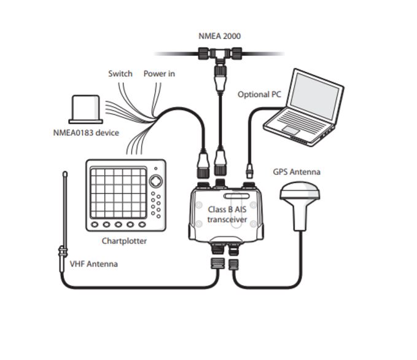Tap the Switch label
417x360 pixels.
(120, 74)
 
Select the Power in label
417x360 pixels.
(159, 74)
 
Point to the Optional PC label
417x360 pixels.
(259, 95)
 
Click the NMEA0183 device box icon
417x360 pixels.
(87, 109)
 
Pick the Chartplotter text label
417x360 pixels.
(124, 241)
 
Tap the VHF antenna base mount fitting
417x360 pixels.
(63, 252)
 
